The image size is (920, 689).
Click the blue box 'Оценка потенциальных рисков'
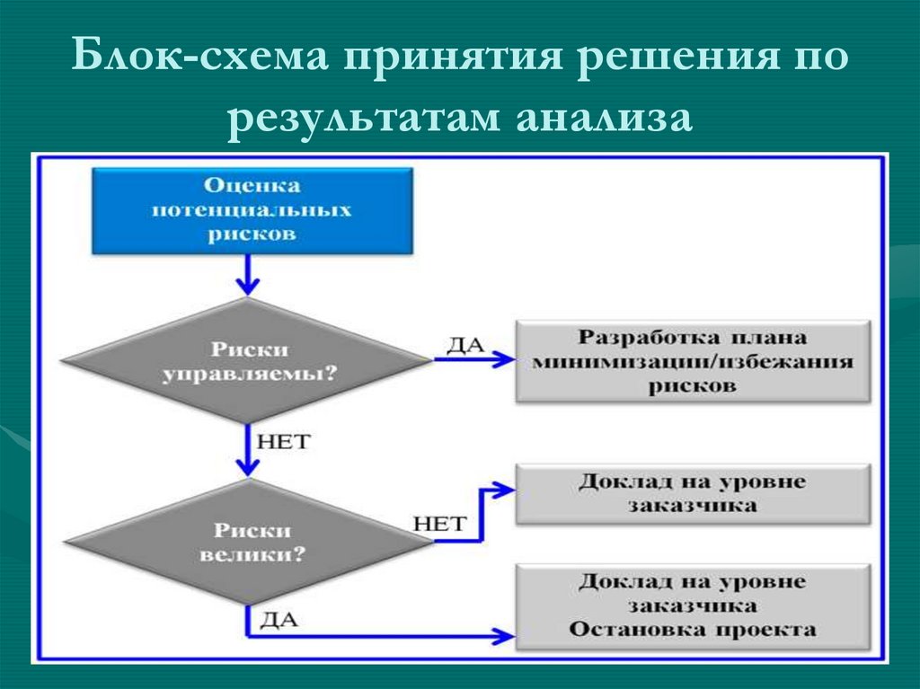click(x=252, y=210)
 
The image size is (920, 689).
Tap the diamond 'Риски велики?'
click(x=247, y=542)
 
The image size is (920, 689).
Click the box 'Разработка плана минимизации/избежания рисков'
click(x=693, y=362)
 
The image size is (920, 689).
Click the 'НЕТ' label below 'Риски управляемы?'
click(x=283, y=441)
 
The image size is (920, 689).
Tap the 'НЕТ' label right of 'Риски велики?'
click(x=439, y=523)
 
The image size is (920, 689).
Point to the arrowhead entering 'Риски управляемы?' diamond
click(x=245, y=285)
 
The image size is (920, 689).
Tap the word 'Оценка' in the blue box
click(x=252, y=185)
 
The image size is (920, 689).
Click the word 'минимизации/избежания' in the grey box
click(x=693, y=363)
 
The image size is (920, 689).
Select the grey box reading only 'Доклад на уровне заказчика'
click(x=693, y=494)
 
